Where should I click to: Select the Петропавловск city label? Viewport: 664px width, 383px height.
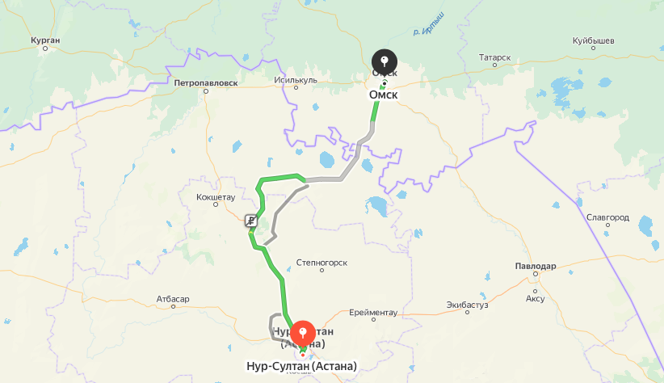(205, 82)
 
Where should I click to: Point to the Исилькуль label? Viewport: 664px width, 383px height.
(296, 80)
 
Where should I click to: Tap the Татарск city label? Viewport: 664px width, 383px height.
(494, 57)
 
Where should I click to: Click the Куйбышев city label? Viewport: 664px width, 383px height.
(594, 40)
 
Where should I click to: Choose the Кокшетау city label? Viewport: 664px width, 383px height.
(215, 196)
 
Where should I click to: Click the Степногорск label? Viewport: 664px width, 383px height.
(321, 262)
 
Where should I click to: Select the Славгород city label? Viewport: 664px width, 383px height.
(608, 217)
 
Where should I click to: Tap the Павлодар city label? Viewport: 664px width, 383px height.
(535, 266)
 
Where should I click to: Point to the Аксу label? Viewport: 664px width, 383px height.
(535, 298)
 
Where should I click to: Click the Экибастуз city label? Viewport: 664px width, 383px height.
(468, 305)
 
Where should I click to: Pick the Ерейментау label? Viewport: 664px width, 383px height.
(373, 312)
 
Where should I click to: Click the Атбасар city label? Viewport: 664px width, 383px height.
(173, 299)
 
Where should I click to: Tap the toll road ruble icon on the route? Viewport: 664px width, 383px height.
(252, 221)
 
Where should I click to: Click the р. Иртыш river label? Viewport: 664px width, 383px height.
(427, 33)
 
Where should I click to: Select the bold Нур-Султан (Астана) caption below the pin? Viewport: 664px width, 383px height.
(301, 366)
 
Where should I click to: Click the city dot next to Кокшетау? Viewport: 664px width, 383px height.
(215, 205)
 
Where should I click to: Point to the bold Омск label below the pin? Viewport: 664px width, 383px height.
(384, 95)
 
